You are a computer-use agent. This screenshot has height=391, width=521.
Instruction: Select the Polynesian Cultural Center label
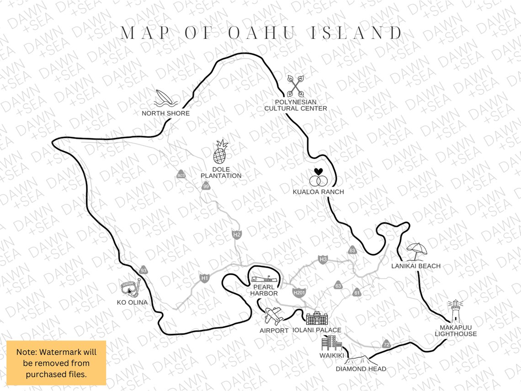click(x=296, y=105)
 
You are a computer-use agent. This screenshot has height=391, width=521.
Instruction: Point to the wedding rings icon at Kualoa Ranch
click(x=318, y=176)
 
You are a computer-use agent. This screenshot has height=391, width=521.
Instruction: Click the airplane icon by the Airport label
click(x=274, y=316)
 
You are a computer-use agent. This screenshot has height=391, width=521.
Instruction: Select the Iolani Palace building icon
click(x=317, y=318)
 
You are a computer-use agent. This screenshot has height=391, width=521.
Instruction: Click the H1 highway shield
click(x=204, y=278)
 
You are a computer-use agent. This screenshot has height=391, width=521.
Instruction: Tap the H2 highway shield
click(x=236, y=235)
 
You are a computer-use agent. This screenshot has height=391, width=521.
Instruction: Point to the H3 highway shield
click(x=323, y=260)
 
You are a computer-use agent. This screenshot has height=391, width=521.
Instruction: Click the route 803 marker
click(x=181, y=175)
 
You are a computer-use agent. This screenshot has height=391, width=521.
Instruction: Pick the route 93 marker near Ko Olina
click(x=144, y=271)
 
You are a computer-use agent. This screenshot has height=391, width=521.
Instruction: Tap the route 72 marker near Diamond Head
click(x=387, y=344)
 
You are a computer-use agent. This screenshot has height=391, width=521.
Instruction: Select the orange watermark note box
click(x=57, y=363)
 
